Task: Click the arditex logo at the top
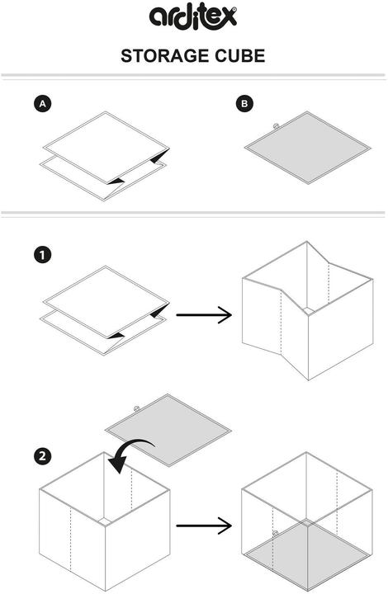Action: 192,17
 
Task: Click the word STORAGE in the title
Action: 161,56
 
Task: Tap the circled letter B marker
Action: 244,104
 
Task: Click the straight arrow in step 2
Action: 203,524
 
